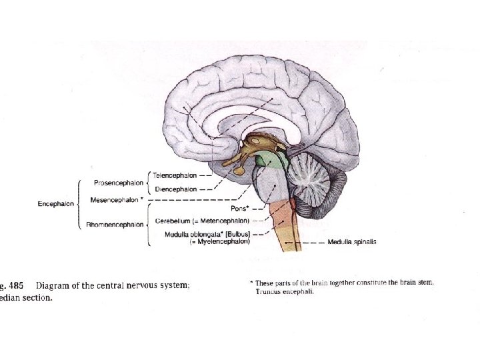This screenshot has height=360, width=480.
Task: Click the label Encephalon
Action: pos(56,204)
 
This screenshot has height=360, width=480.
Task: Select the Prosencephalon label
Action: pos(118,182)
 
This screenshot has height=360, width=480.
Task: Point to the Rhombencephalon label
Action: pos(115,225)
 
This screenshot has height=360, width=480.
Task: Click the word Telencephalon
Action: pos(175,176)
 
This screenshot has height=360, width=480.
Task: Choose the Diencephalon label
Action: pos(175,189)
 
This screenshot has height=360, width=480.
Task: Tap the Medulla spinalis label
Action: pos(352,242)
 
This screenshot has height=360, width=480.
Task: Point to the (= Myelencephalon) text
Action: pos(219,241)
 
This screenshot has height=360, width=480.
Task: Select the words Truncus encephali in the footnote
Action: pos(287,291)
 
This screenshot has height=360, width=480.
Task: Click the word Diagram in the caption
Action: pos(55,286)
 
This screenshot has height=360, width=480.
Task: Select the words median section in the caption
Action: pos(27,298)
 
